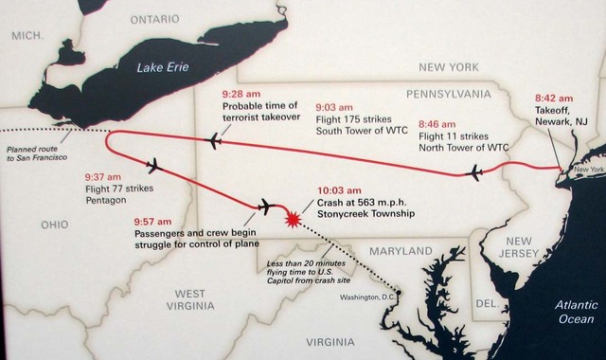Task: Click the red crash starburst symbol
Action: click(x=294, y=219)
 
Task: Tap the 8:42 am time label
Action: click(x=553, y=98)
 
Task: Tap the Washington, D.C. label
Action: click(x=363, y=297)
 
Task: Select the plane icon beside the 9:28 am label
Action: click(x=214, y=141)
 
